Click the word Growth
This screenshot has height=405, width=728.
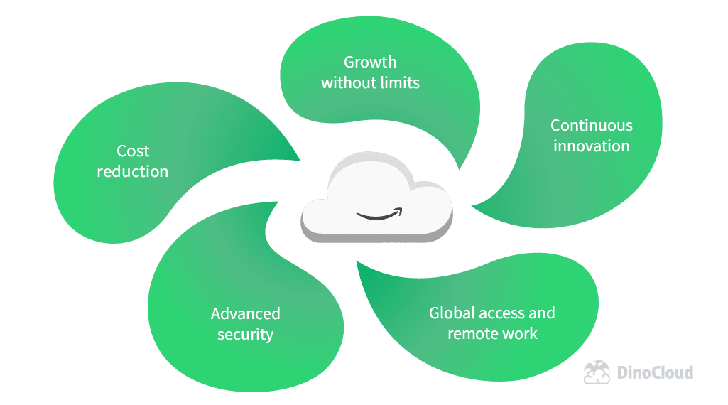[x=370, y=62]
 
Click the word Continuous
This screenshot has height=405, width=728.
[x=592, y=126]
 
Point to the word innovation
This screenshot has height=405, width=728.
[x=592, y=146]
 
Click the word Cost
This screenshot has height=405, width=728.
[x=133, y=151]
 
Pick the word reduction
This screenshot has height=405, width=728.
[x=133, y=171]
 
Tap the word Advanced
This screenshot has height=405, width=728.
[x=246, y=313]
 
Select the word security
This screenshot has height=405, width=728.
[x=246, y=334]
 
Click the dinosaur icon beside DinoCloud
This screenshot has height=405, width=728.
[x=597, y=372]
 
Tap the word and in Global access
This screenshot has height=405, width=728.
[x=542, y=313]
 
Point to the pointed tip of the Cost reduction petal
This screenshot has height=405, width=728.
[x=299, y=160]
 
